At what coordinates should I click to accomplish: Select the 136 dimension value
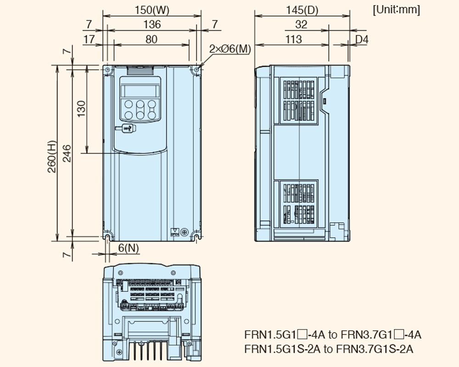coord(151,25)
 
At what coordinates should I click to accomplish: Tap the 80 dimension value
coord(151,39)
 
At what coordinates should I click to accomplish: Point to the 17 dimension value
coord(89,39)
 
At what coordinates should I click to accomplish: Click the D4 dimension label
coord(362,39)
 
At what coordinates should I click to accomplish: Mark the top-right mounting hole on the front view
coord(196,70)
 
